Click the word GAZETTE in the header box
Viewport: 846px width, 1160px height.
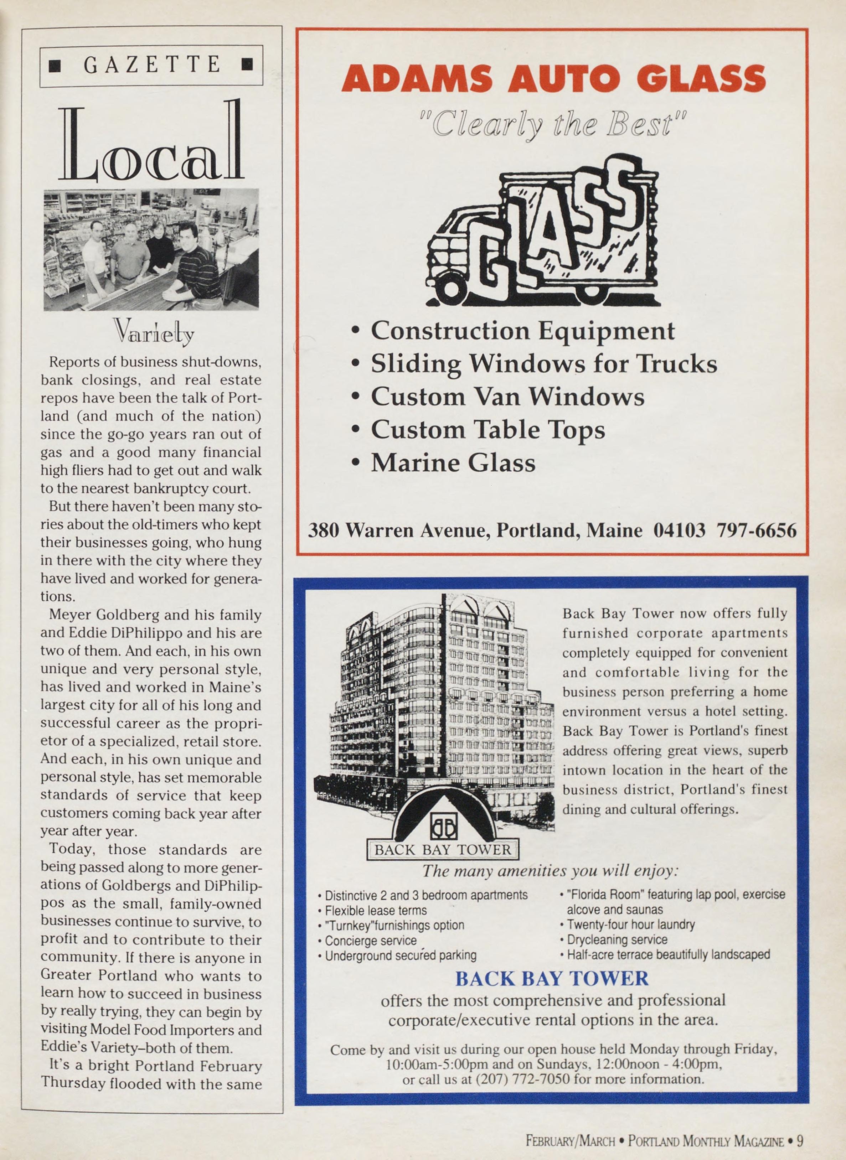point(151,65)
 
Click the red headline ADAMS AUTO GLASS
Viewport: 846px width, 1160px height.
point(553,79)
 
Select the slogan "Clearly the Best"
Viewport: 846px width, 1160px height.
point(553,124)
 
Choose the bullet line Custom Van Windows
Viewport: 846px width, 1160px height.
point(507,397)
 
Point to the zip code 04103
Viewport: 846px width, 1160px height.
point(679,530)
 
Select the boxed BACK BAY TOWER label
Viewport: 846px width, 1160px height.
point(443,850)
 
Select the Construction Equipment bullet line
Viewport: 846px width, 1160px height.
point(522,331)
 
